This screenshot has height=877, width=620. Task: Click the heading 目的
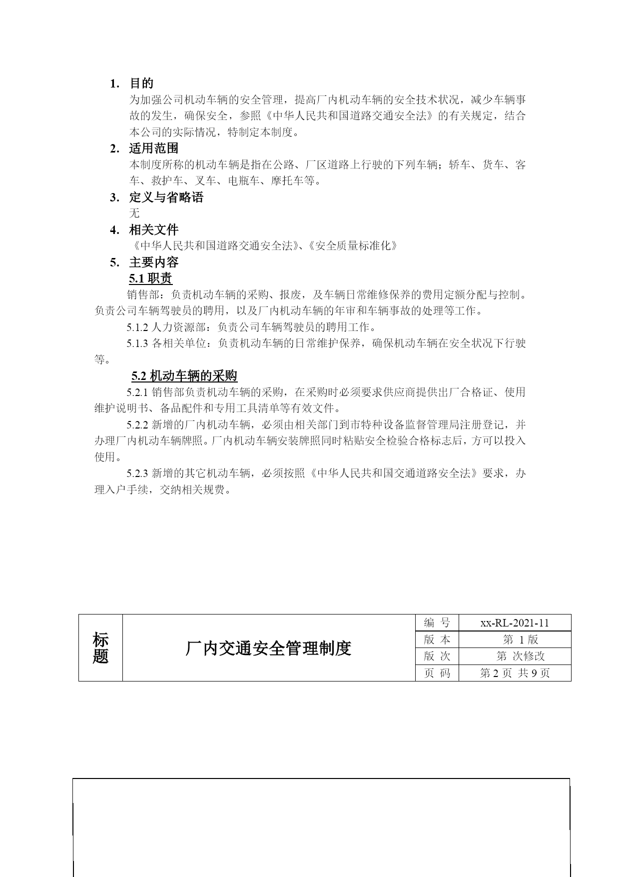141,83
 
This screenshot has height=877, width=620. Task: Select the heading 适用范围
153,148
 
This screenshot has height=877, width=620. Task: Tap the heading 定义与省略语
166,197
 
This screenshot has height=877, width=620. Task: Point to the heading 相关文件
153,230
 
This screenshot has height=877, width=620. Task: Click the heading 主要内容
153,262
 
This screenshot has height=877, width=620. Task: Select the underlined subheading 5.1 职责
150,278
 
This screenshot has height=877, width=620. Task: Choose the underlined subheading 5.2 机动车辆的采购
184,376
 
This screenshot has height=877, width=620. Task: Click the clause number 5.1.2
137,327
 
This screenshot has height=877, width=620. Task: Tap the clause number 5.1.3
137,343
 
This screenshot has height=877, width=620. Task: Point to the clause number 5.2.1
137,392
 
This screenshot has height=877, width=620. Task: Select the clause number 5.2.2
137,425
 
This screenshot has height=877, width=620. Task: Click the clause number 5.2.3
137,473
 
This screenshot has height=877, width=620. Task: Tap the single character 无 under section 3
134,213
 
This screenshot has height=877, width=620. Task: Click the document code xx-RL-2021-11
515,623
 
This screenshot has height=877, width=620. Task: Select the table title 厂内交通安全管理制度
268,648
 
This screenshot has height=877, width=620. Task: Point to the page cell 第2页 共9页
515,673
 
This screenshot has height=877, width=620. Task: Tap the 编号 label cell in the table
437,623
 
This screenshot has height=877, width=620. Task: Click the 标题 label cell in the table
100,648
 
